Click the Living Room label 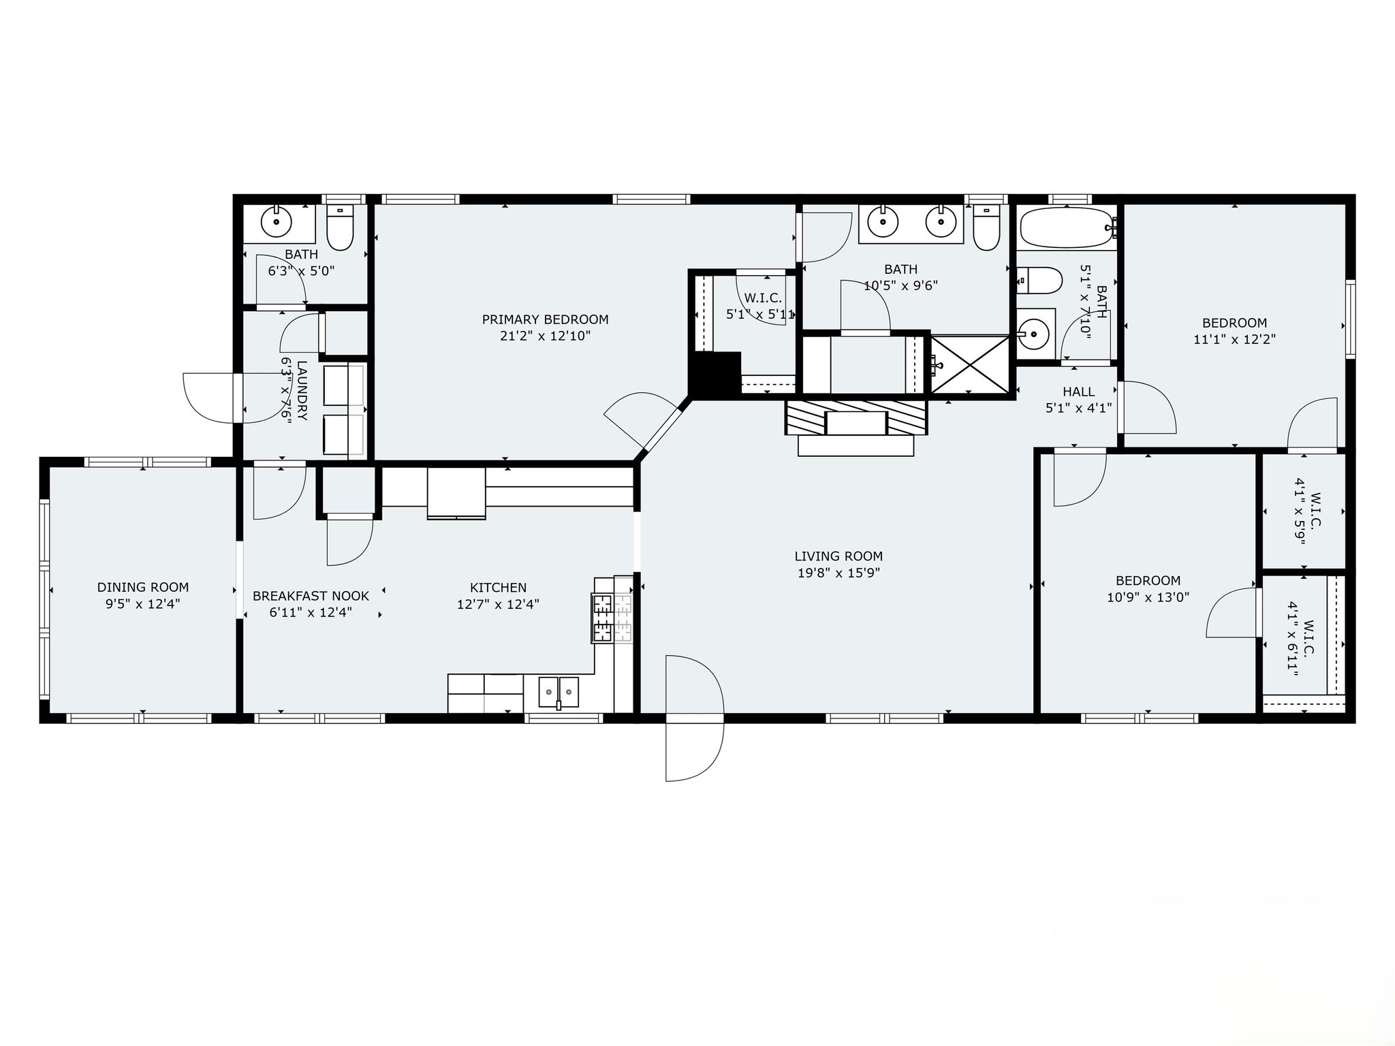(838, 556)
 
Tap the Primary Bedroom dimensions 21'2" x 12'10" (545, 336)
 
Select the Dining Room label (143, 587)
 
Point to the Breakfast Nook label (311, 596)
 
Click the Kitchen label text (498, 588)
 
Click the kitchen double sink (559, 693)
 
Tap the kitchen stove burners (602, 618)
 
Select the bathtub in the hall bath (1067, 227)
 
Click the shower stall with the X (970, 364)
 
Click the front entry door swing (695, 718)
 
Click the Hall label (1079, 392)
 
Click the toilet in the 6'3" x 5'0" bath (341, 227)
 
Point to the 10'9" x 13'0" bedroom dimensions (1148, 597)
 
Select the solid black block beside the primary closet (715, 374)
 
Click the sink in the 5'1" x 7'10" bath (1035, 334)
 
